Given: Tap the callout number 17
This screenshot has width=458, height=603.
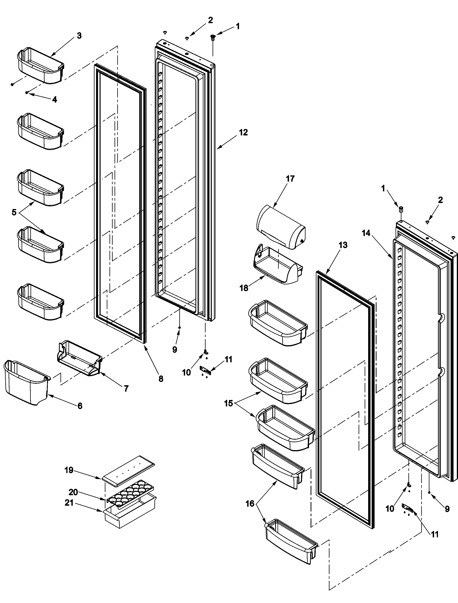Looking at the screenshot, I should click(x=290, y=179).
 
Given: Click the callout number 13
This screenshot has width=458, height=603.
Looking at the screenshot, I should click(x=343, y=245).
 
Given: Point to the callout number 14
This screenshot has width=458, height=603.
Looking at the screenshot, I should click(x=366, y=233).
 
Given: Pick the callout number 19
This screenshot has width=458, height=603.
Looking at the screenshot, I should click(x=69, y=470).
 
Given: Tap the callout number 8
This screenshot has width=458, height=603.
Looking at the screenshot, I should click(x=161, y=379).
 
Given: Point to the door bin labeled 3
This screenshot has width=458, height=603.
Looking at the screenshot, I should click(x=40, y=66).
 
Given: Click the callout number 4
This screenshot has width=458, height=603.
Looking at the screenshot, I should click(x=55, y=100).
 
